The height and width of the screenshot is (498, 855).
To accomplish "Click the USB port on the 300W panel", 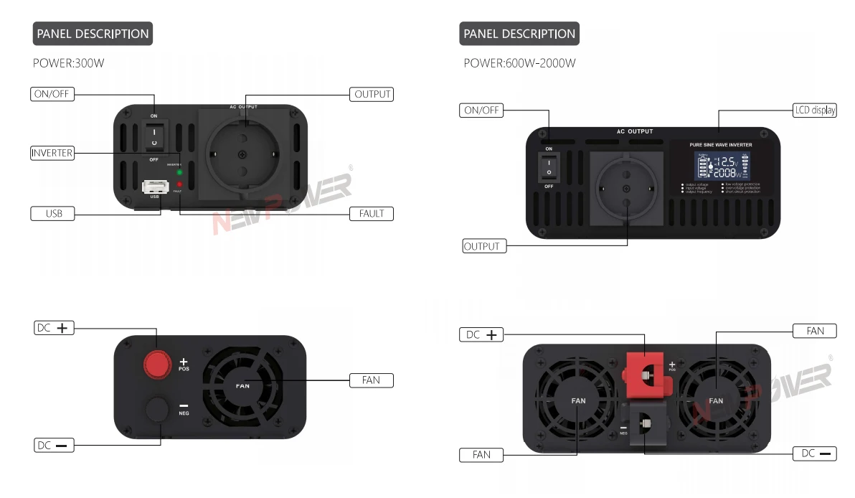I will pos(154,187).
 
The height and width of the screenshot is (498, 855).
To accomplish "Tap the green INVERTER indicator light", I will pos(179,172).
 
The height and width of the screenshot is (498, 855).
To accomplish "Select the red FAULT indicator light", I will pos(179,184).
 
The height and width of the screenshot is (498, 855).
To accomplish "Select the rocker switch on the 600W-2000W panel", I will pos(549,167).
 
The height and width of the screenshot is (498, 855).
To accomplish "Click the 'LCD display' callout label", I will pos(815,111).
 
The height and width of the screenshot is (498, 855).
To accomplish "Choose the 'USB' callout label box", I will pos(52,213).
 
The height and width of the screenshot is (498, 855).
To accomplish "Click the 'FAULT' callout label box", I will pos(372,213).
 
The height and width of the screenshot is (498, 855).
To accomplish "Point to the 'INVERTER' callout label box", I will pos(52,153).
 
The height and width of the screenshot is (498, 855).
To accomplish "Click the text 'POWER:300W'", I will pos(69,63).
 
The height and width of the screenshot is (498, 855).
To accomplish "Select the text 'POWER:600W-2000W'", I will pos(519,63).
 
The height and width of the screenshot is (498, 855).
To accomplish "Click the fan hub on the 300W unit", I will pos(242,385).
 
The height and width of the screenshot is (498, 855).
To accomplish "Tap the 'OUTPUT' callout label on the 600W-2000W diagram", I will pos(483,246).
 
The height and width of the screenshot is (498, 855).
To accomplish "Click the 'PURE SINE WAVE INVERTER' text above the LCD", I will pos(720,145).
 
